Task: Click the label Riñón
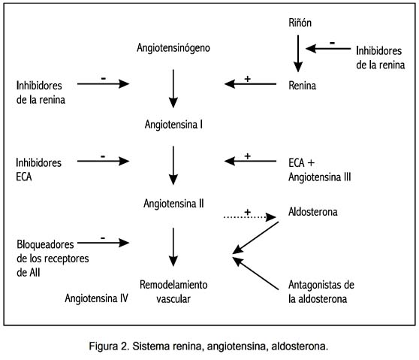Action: click(x=300, y=23)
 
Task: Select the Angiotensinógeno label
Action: click(x=173, y=48)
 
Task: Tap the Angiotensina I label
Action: click(x=173, y=125)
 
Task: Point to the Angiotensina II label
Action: click(x=173, y=204)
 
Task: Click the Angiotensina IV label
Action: click(x=96, y=298)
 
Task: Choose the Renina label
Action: click(x=302, y=86)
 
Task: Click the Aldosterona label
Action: click(x=313, y=212)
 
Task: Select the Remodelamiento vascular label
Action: click(x=173, y=292)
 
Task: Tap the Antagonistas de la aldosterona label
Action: click(x=321, y=292)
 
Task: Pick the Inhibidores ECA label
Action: click(x=39, y=170)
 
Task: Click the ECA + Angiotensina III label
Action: click(x=320, y=170)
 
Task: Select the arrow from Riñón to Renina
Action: click(x=298, y=53)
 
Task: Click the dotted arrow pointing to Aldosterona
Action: click(x=250, y=217)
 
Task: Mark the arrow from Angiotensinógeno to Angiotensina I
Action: click(x=173, y=89)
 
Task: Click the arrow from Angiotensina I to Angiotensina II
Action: click(x=173, y=165)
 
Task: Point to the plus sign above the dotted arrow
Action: click(x=248, y=212)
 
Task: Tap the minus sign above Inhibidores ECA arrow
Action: click(x=103, y=156)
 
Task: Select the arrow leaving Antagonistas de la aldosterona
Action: click(x=255, y=274)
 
